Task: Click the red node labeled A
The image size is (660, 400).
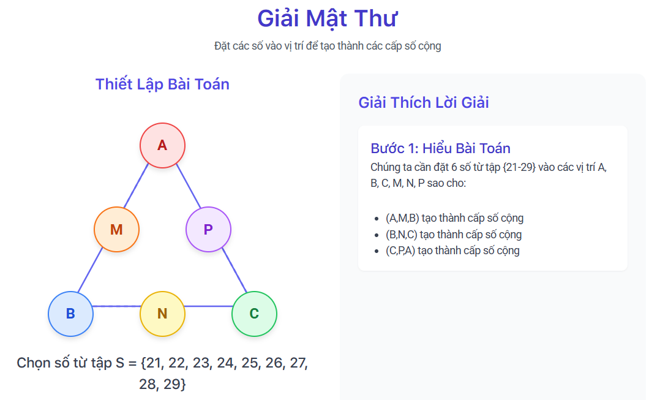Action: [162, 146]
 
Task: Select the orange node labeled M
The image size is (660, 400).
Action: [116, 230]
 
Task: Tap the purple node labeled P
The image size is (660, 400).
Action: [208, 230]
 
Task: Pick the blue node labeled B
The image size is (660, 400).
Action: [70, 314]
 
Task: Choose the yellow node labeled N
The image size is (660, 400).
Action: [162, 314]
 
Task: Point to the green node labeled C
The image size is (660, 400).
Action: [254, 314]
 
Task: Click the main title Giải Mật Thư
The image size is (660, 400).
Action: [328, 18]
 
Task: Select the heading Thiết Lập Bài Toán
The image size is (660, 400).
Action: [162, 84]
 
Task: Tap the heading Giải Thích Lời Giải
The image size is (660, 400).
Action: [424, 102]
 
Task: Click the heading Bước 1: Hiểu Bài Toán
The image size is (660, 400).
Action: [441, 148]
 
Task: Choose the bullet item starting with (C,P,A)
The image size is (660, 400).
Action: [452, 251]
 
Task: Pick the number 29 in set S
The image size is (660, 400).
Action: [172, 385]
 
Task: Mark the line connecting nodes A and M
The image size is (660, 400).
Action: [136, 186]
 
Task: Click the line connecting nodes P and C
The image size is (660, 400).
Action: [234, 270]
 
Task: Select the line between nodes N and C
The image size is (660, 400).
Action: [208, 306]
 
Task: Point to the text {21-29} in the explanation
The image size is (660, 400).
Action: [519, 167]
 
